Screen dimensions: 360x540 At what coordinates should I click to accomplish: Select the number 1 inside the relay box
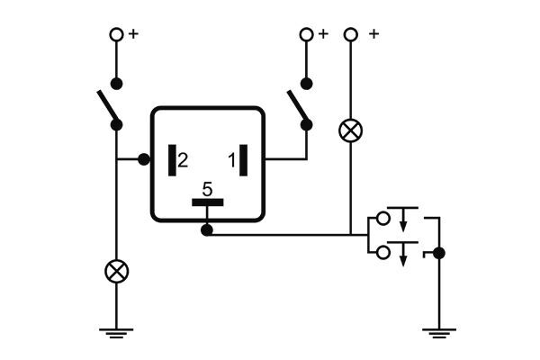click(231, 160)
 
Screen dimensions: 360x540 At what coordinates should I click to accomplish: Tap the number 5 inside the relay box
click(207, 189)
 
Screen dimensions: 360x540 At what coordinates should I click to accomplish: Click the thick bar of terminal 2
click(170, 160)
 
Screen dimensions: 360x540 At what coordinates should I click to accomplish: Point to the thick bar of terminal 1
click(243, 160)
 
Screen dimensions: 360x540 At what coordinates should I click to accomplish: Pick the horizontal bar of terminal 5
click(207, 202)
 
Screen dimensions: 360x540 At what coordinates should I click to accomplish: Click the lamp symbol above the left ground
click(116, 271)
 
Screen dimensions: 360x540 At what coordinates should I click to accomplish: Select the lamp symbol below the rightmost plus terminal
click(350, 131)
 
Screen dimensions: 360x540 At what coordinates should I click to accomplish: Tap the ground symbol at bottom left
click(116, 333)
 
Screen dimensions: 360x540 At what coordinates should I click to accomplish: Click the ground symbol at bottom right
click(438, 333)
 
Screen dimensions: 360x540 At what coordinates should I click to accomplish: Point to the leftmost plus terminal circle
click(116, 34)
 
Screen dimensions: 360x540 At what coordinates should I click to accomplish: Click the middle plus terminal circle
click(306, 34)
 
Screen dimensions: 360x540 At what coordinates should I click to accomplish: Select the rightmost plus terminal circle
click(350, 34)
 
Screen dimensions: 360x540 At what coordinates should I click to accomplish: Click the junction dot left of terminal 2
click(143, 160)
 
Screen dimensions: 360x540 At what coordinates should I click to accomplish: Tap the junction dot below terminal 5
click(207, 231)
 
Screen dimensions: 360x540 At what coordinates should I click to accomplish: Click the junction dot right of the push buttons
click(438, 253)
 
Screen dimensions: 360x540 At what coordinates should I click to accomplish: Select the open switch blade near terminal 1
click(298, 107)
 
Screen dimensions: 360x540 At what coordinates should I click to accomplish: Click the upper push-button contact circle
click(383, 218)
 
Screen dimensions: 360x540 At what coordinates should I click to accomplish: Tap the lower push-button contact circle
click(383, 253)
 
